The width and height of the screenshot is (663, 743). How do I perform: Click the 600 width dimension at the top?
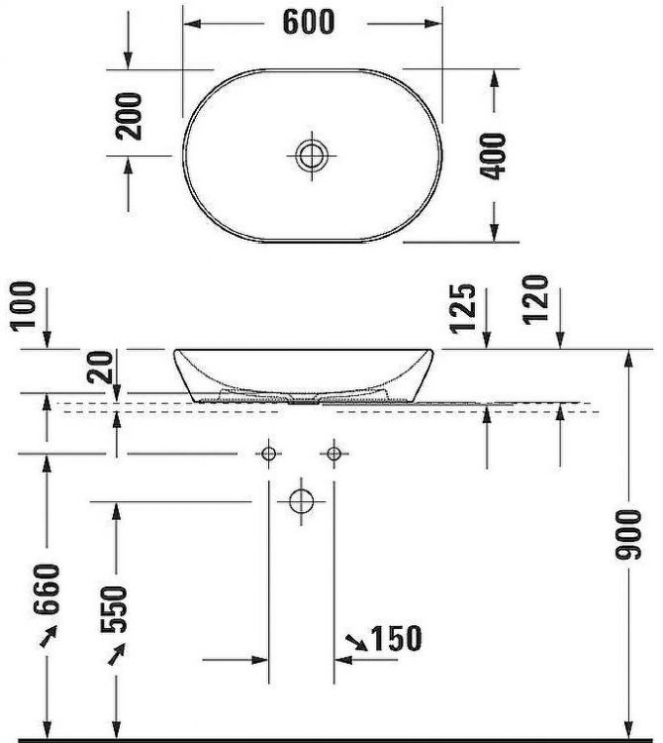point(309,22)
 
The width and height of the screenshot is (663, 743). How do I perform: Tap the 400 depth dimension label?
point(496,156)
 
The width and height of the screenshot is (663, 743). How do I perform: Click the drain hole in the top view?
point(312,154)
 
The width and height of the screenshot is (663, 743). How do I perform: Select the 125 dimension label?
point(469,309)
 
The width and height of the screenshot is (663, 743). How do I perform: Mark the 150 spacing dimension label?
point(395,638)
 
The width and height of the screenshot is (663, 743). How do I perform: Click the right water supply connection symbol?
point(333,454)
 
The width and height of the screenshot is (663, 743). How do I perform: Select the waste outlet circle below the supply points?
point(301,500)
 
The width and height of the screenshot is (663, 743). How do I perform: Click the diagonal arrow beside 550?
point(116,654)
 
